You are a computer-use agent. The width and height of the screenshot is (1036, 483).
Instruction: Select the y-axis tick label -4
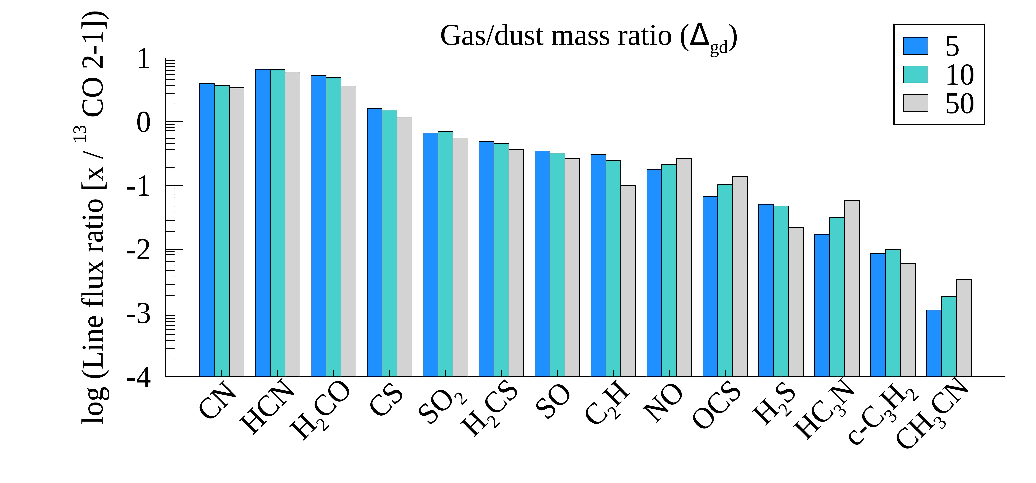(139, 378)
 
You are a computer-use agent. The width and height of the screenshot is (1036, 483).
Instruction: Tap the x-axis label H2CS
(489, 410)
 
